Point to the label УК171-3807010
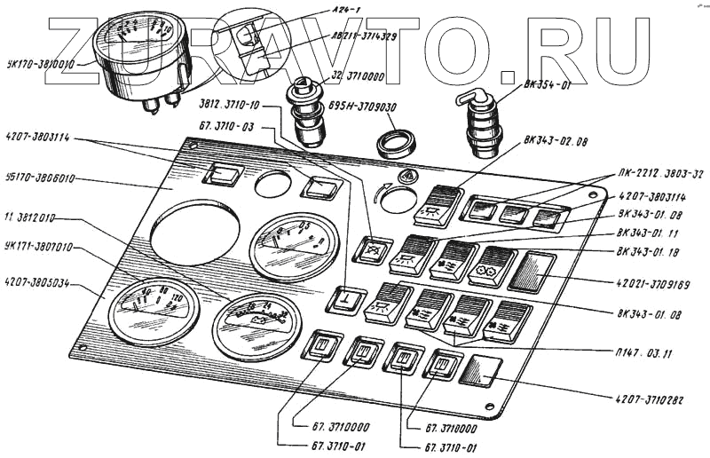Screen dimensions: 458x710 coord(38,247)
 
